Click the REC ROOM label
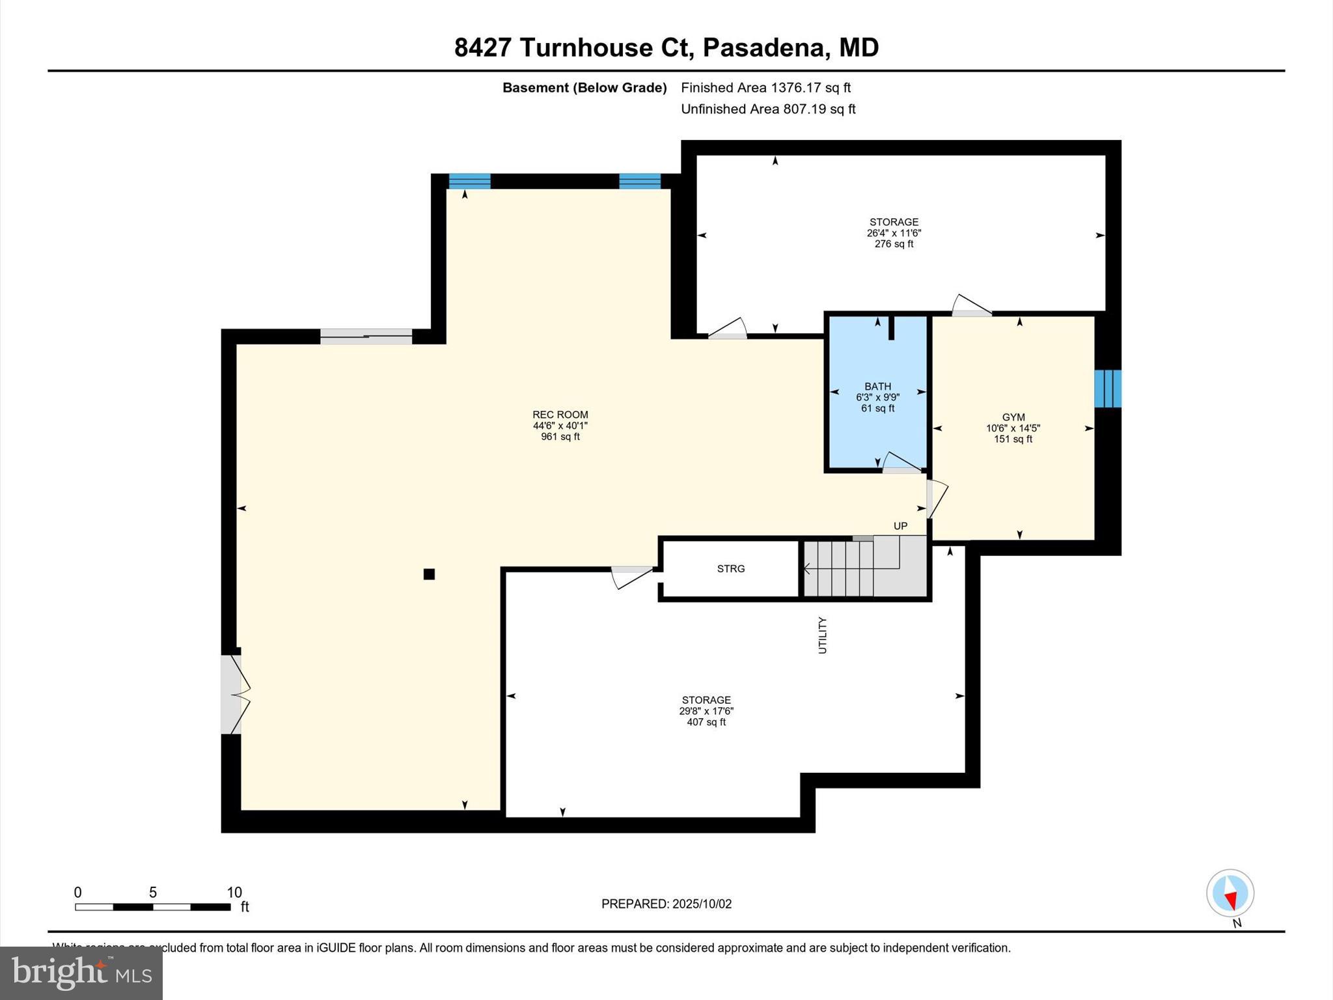pyautogui.click(x=560, y=415)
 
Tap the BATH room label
pyautogui.click(x=877, y=387)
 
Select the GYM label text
pyautogui.click(x=1013, y=417)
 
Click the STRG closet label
pyautogui.click(x=730, y=569)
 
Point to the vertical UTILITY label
pyautogui.click(x=822, y=635)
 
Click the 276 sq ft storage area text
pyautogui.click(x=894, y=244)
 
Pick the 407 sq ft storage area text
pyautogui.click(x=706, y=722)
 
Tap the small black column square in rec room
pyautogui.click(x=429, y=574)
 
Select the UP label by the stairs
pyautogui.click(x=900, y=526)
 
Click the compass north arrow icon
pyautogui.click(x=1230, y=894)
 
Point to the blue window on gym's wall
pyautogui.click(x=1107, y=389)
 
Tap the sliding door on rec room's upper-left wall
pyautogui.click(x=366, y=337)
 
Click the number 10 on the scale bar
pyautogui.click(x=234, y=893)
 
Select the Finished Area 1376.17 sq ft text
pyautogui.click(x=765, y=88)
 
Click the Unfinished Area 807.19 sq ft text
pyautogui.click(x=768, y=109)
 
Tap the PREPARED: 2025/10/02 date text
pyautogui.click(x=666, y=904)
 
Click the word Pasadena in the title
pyautogui.click(x=763, y=48)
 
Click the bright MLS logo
pyautogui.click(x=81, y=973)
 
